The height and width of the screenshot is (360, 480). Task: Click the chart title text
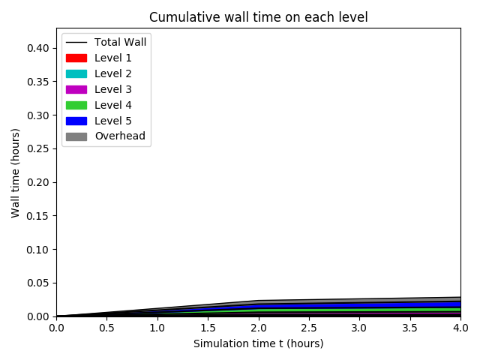259,17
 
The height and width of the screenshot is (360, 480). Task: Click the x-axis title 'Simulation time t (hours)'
259,343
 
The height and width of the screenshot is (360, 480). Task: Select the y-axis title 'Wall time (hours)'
16,172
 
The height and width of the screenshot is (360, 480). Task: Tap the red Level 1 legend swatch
76,58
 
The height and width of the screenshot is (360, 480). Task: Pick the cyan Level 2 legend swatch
76,73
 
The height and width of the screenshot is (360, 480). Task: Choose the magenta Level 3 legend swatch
76,89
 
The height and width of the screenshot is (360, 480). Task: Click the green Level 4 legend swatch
76,105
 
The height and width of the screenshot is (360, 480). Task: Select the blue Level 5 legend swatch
76,121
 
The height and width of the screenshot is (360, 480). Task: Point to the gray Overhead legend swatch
76,136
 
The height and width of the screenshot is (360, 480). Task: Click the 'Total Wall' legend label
125,42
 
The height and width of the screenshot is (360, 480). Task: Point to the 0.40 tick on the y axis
38,48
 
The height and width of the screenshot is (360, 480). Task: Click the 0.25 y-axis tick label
38,148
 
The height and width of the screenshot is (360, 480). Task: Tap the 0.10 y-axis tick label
38,249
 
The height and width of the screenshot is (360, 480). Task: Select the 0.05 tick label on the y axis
38,283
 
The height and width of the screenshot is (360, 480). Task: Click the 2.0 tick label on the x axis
259,328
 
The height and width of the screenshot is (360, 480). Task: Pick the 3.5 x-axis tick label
410,328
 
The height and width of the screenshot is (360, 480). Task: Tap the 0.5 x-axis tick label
106,328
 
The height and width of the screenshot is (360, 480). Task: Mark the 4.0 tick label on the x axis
460,328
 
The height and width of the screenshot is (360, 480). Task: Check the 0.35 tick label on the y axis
38,82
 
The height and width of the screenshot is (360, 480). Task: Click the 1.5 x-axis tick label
208,328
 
